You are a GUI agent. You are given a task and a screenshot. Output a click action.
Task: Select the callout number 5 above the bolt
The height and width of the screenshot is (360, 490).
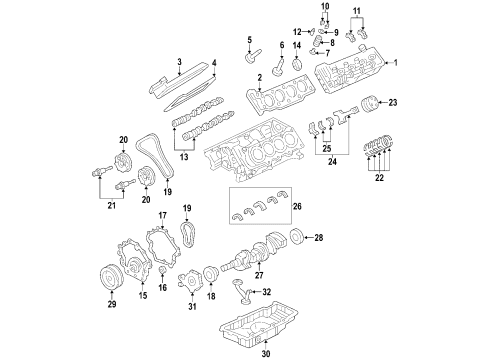250,40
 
